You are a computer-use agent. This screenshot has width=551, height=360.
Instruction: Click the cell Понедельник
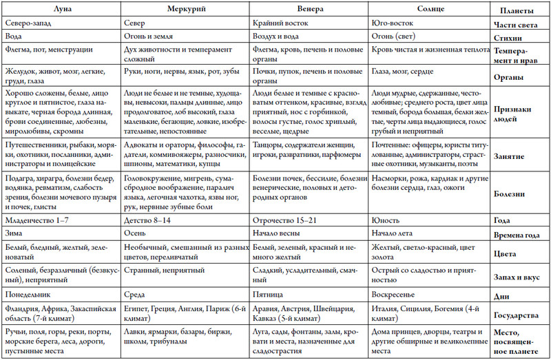(x=25, y=295)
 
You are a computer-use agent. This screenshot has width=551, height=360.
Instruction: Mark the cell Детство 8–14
(x=149, y=220)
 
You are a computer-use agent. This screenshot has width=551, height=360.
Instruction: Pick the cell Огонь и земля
(x=152, y=37)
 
